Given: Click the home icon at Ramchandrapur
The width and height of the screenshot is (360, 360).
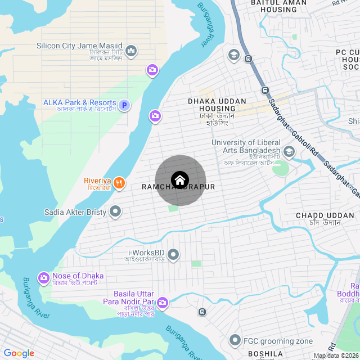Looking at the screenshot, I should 180,180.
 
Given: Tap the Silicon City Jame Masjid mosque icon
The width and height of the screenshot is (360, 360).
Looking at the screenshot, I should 131,51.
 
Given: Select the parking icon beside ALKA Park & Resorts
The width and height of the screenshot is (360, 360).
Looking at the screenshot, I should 125,105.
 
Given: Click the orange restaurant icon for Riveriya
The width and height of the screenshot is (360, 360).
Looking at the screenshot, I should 119,183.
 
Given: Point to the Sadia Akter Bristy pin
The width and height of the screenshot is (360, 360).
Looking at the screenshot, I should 115,212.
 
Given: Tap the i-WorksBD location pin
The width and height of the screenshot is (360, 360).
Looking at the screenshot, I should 173,255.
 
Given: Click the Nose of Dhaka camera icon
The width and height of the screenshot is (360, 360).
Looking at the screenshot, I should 44,278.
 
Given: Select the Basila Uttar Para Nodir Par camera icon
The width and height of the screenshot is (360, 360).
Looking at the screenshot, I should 163,303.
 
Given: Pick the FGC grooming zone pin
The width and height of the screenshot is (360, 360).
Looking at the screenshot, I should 235,340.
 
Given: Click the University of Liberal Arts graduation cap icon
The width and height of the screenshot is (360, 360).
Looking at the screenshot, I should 289,151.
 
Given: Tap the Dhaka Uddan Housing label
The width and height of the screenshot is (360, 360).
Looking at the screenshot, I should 217,105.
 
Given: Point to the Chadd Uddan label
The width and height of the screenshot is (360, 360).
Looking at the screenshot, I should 318,215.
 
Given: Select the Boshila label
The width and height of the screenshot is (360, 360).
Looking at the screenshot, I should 265,354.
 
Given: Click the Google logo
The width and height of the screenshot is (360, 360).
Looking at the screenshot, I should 19,353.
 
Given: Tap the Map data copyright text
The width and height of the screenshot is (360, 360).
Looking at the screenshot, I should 336,355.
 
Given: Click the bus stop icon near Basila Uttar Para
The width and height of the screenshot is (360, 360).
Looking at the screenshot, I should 202,312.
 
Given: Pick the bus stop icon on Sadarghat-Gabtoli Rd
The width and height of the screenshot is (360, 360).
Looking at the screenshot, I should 265,90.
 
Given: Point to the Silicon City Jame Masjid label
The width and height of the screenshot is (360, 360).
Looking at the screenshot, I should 79,46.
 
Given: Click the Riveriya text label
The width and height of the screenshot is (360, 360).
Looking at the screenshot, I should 98,181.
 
